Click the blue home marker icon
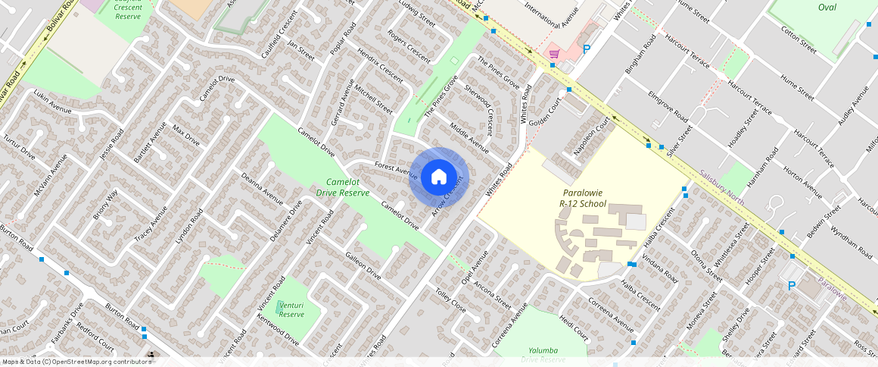[x=438, y=177]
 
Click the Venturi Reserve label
[x=291, y=309]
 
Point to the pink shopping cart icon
[x=554, y=53]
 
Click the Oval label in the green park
[x=827, y=7]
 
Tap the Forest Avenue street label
[x=397, y=171]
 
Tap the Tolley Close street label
[x=450, y=300]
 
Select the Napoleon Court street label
[x=591, y=136]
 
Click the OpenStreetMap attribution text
[x=76, y=362]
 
